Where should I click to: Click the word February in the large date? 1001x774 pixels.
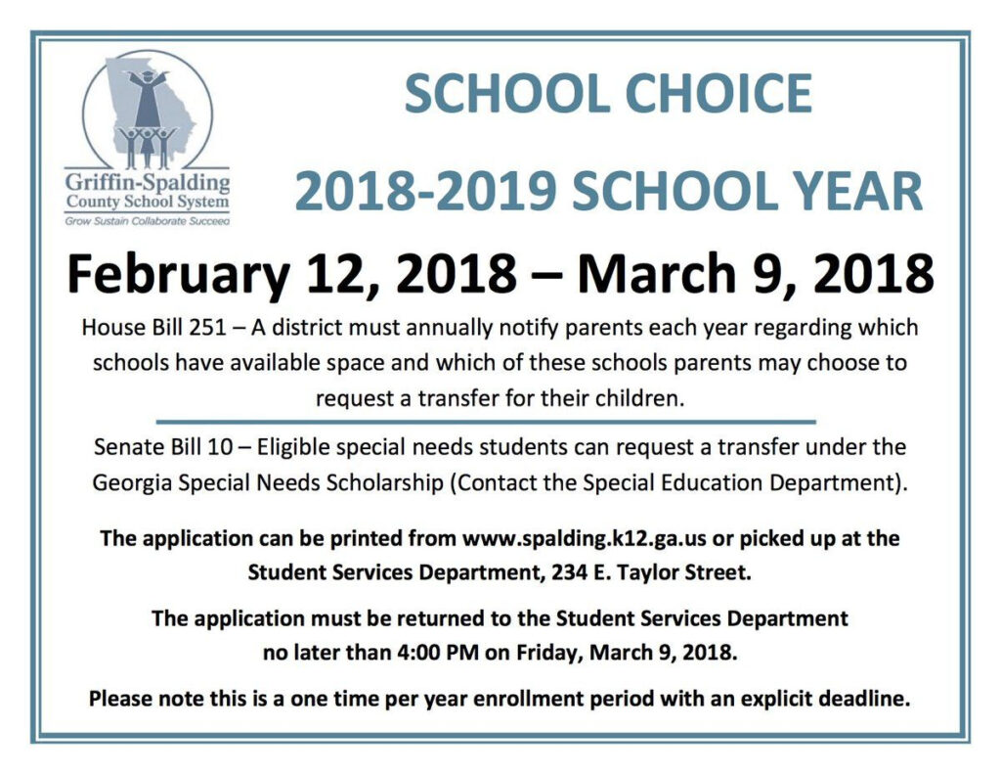point(178,274)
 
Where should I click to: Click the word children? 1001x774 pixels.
point(638,398)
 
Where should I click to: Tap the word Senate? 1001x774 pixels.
point(127,447)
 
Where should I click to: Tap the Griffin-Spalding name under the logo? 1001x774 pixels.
point(148,183)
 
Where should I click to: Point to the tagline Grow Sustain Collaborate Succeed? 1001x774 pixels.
point(148,222)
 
